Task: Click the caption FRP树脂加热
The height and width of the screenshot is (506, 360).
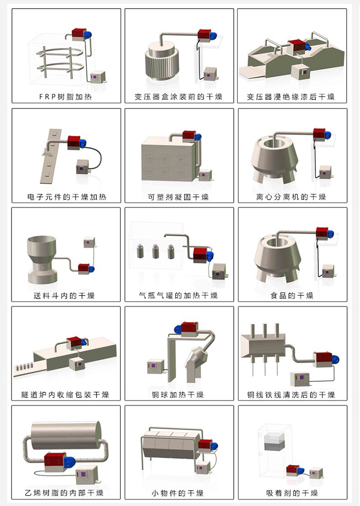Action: tap(65, 96)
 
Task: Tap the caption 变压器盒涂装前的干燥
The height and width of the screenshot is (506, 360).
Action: tap(179, 96)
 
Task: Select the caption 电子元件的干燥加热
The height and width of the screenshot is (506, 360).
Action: tap(67, 197)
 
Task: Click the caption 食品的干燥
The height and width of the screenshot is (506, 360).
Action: tap(292, 296)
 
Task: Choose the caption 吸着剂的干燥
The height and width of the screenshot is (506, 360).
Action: tap(292, 493)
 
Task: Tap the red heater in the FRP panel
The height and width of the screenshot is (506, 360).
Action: tap(78, 34)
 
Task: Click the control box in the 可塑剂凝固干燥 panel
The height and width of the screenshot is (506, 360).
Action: tap(205, 175)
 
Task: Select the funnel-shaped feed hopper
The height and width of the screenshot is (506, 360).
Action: tap(42, 260)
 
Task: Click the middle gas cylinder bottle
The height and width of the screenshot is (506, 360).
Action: tap(155, 251)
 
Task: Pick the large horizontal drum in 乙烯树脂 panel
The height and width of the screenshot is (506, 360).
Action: tap(66, 435)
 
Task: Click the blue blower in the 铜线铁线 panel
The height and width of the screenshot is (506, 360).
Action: tap(336, 359)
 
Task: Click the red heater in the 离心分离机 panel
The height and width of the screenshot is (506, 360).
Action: tap(319, 134)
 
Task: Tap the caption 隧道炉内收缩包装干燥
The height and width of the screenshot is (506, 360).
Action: tap(65, 395)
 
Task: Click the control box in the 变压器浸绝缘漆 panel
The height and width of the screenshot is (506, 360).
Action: tap(300, 72)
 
